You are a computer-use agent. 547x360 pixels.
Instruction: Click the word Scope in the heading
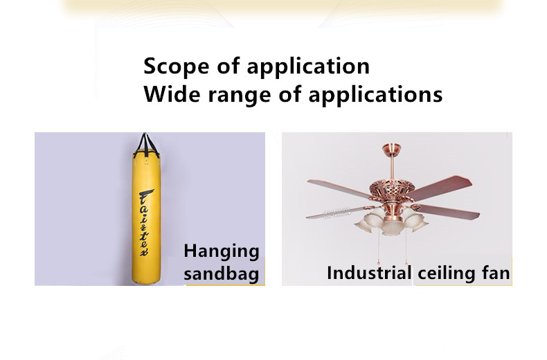pos(176,66)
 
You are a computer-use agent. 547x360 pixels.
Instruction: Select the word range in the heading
pos(240,96)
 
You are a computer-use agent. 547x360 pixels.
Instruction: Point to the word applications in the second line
pos(375,96)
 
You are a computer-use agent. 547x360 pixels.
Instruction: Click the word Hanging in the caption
pos(222,252)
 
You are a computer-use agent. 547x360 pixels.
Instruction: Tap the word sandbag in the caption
pos(222,273)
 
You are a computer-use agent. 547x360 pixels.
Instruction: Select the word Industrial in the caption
pos(369,273)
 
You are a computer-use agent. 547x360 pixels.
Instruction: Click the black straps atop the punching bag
pos(146,143)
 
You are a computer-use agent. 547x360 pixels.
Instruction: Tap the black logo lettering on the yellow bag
pos(146,222)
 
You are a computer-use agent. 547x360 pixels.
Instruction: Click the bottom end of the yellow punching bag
pos(147,282)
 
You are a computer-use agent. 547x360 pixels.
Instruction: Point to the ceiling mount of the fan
pos(391,147)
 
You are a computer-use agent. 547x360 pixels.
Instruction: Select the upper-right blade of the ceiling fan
pos(440,187)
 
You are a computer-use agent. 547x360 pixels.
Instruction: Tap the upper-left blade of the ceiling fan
pos(339,188)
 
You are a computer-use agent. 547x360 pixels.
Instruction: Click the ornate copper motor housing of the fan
pos(391,190)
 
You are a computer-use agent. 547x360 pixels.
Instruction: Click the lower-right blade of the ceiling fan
pos(450,211)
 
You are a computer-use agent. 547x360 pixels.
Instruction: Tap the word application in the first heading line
pos(308,67)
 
